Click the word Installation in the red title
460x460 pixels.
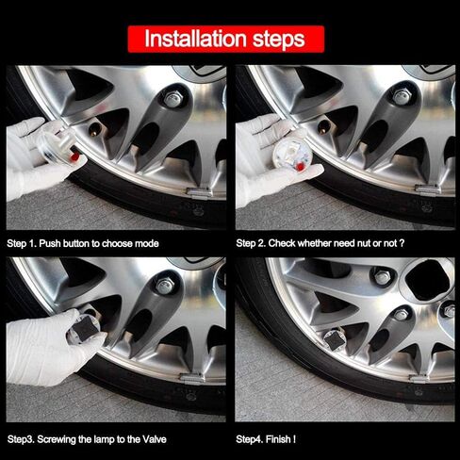click(x=195, y=39)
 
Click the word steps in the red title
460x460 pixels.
click(x=279, y=39)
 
